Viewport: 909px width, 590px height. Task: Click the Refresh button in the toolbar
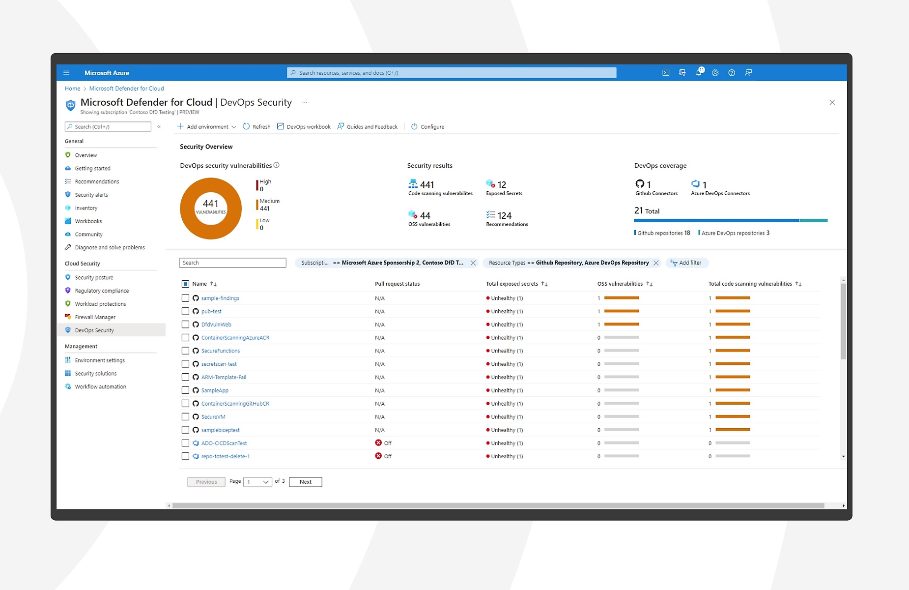[256, 127]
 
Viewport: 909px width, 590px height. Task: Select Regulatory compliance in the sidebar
[102, 291]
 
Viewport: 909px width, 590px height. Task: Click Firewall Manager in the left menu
[95, 318]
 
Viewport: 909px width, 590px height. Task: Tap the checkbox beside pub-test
[185, 312]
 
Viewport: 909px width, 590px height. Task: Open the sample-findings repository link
[220, 298]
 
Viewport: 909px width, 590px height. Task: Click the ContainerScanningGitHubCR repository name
[235, 404]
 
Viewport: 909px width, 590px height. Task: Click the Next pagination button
[305, 482]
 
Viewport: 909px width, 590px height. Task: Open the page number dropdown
[257, 482]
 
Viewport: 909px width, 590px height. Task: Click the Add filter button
[686, 263]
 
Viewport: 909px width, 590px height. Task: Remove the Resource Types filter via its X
[656, 263]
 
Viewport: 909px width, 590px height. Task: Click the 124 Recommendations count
[504, 216]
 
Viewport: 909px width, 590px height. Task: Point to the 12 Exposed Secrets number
[501, 185]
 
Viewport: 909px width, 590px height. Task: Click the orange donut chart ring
[187, 209]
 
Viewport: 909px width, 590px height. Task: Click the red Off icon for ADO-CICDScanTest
[378, 443]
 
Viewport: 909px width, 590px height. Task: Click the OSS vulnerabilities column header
[620, 284]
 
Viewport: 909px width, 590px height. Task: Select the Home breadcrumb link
[72, 89]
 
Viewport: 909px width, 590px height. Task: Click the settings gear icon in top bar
[715, 73]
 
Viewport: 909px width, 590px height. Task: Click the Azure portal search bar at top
[451, 73]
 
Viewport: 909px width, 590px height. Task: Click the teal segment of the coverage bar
[813, 221]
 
